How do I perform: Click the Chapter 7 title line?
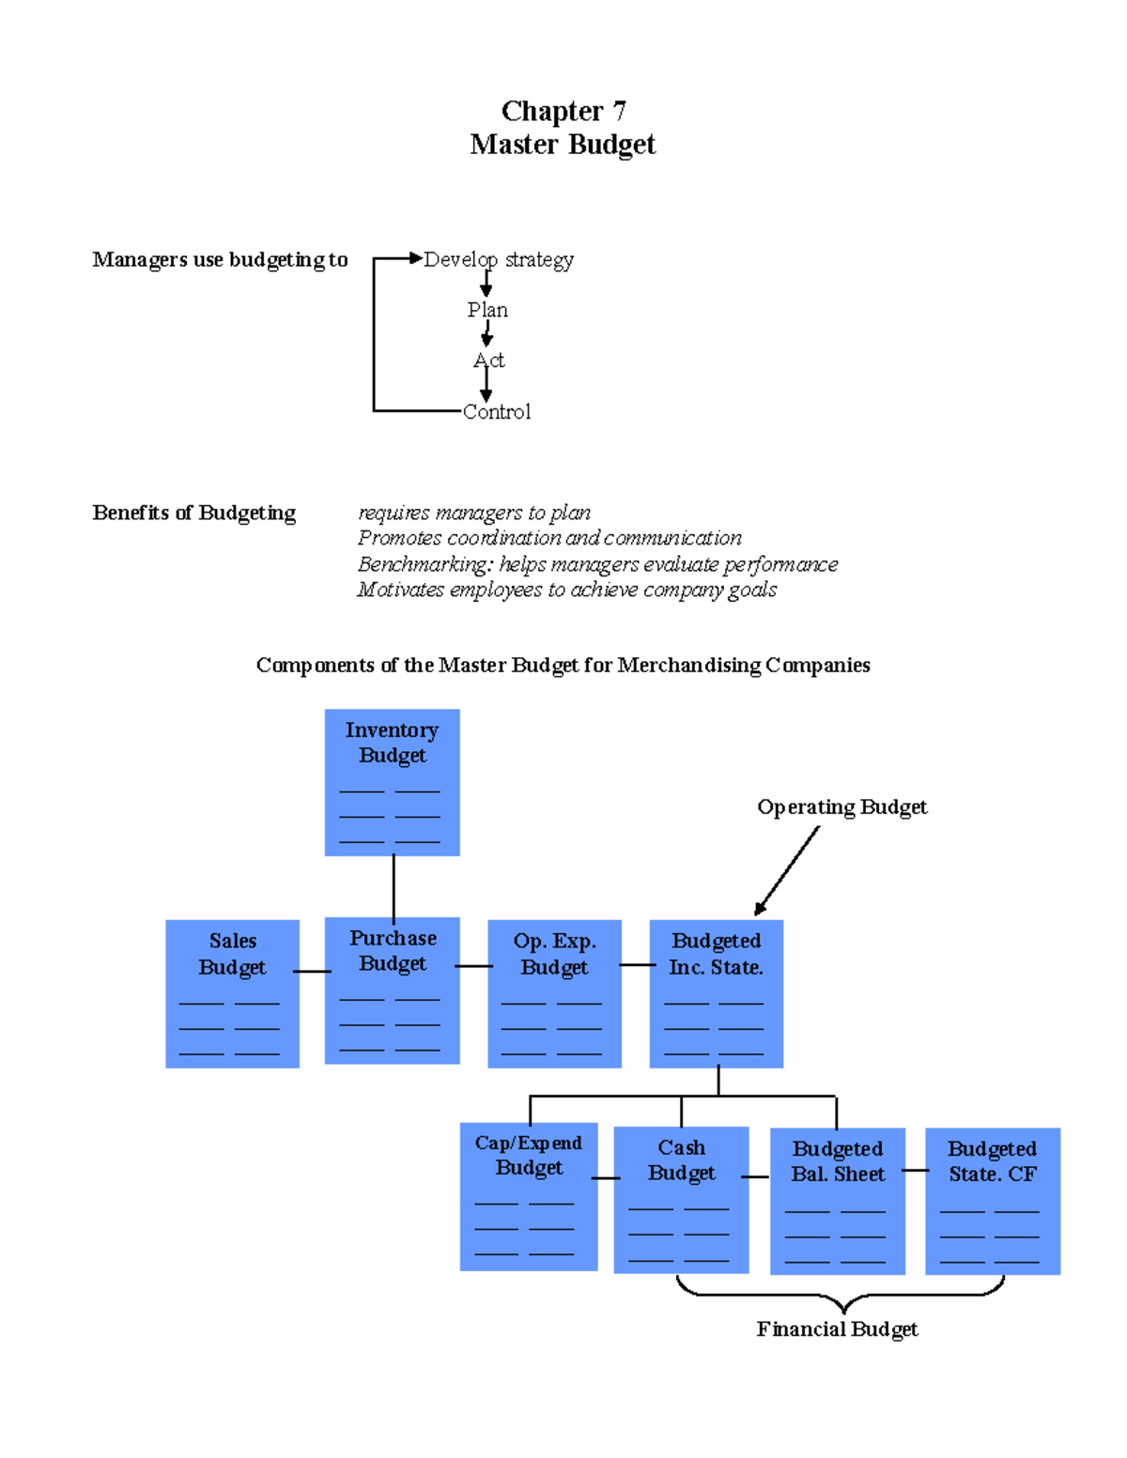(x=563, y=111)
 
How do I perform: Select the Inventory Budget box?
(x=392, y=782)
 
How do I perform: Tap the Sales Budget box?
(x=232, y=993)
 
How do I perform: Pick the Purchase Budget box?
(x=392, y=990)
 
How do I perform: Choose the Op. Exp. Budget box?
(x=554, y=993)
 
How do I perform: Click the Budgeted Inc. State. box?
(x=716, y=993)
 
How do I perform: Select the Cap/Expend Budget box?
(x=529, y=1196)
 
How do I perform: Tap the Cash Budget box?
(x=681, y=1199)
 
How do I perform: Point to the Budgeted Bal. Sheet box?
(x=837, y=1201)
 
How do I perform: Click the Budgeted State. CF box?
(x=992, y=1201)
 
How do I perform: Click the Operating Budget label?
(x=841, y=807)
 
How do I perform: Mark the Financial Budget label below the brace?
(x=837, y=1329)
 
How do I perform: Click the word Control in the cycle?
(x=496, y=412)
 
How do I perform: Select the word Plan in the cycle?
(x=487, y=310)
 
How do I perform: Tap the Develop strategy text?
(x=498, y=259)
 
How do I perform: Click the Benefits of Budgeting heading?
(x=193, y=513)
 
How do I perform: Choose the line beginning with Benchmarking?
(x=597, y=564)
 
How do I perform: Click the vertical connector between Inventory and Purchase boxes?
(x=394, y=886)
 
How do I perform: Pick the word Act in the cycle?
(x=488, y=361)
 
